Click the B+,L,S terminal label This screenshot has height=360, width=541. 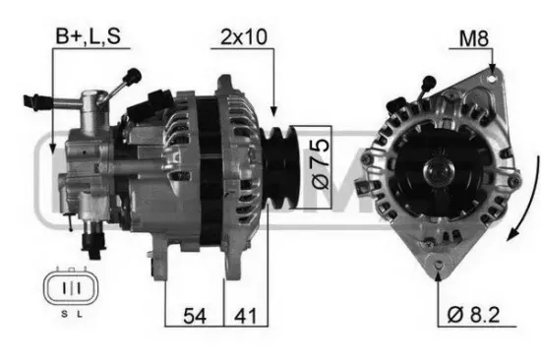coord(88,35)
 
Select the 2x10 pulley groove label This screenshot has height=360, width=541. coord(244,37)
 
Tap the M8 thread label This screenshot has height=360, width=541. coord(474,38)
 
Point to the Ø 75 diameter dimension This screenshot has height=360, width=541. coord(320,164)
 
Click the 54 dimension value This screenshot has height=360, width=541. coord(195,316)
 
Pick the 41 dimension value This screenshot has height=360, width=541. coord(245,316)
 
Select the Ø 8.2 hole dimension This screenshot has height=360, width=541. coord(473,315)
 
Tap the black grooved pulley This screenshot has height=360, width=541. coord(278,168)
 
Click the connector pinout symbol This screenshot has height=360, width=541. coord(71,287)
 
